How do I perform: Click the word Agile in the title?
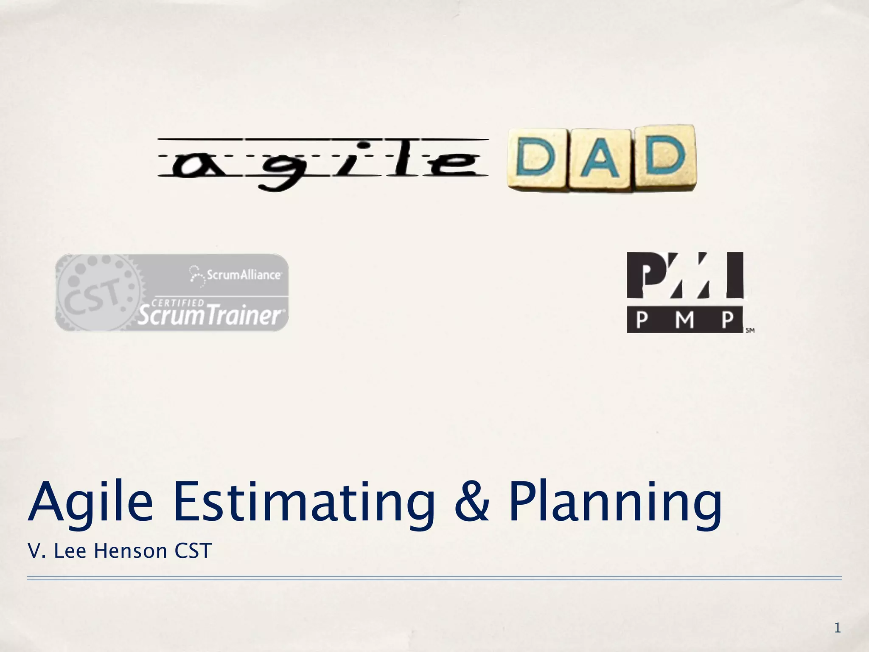[x=90, y=503]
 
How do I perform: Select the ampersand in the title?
[x=471, y=502]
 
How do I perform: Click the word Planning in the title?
[x=615, y=503]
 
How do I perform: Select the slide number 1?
[x=837, y=627]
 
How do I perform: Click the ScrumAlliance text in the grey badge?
[x=243, y=275]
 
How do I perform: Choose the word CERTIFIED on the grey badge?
[x=178, y=303]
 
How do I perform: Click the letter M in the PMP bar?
[x=684, y=320]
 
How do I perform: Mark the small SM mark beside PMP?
[x=750, y=330]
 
